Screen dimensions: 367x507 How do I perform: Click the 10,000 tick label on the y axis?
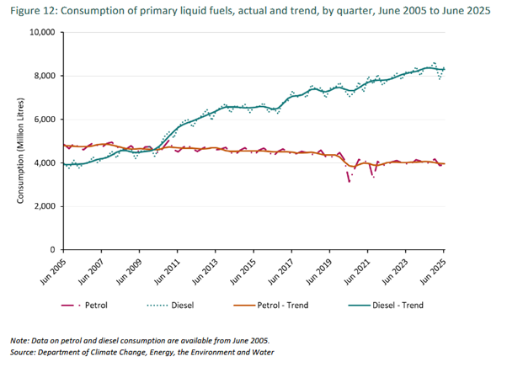[40, 33]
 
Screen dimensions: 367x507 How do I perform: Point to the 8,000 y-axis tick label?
[42, 76]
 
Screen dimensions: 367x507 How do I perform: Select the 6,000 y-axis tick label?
[42, 120]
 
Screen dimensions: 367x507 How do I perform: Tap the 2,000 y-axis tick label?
[42, 206]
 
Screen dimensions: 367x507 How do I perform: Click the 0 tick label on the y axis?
[51, 250]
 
